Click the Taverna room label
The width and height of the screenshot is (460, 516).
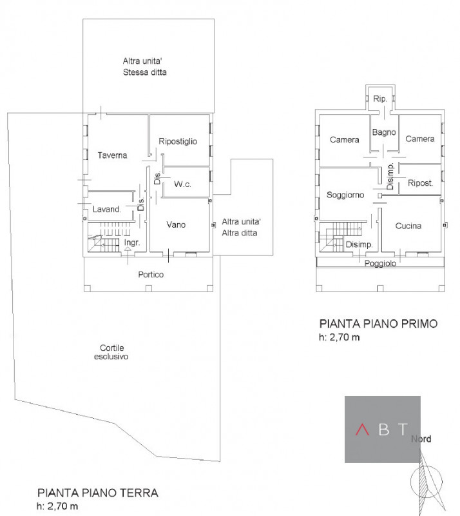[113, 155]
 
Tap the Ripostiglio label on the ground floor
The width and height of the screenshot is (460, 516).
[177, 141]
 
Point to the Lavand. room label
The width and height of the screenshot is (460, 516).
[106, 210]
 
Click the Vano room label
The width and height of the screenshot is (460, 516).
[176, 224]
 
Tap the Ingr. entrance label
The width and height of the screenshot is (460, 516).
[132, 243]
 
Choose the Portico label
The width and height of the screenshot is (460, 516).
[151, 274]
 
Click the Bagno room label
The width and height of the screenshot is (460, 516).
[383, 132]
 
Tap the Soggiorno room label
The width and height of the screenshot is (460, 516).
[345, 194]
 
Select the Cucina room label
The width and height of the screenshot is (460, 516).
[408, 226]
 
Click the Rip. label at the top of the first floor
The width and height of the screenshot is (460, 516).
[379, 99]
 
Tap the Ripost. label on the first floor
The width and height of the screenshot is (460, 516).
[419, 183]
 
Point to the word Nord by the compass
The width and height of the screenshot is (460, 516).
[422, 439]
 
